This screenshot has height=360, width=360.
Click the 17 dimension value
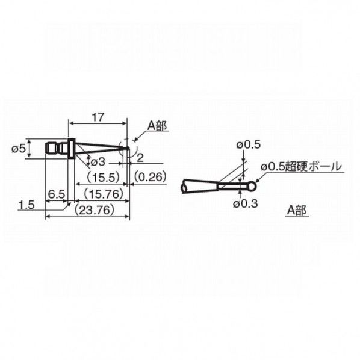(x=98, y=117)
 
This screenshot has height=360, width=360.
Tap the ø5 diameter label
(x=19, y=149)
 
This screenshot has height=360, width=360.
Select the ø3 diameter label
(x=98, y=162)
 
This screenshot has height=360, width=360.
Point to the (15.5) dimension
(x=104, y=177)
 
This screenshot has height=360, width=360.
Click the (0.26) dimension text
(x=150, y=176)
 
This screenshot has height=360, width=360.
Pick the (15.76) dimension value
(x=104, y=194)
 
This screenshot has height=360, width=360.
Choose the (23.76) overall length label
(x=95, y=210)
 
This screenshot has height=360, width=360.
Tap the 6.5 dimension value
(x=57, y=194)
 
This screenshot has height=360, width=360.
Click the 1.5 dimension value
(x=26, y=205)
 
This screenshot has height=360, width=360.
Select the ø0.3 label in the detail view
(x=246, y=203)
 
